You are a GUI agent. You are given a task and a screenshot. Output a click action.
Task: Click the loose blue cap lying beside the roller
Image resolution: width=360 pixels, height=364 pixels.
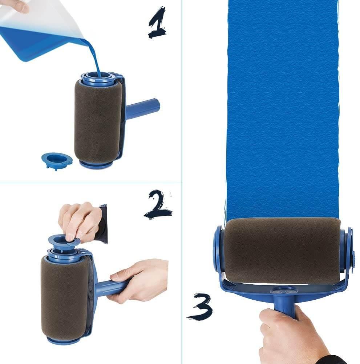point(56,160)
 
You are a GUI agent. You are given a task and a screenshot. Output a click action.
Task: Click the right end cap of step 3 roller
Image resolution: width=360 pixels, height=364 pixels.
point(349,251)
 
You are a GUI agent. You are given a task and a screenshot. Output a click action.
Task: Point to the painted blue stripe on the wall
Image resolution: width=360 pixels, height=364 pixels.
point(282,109)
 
